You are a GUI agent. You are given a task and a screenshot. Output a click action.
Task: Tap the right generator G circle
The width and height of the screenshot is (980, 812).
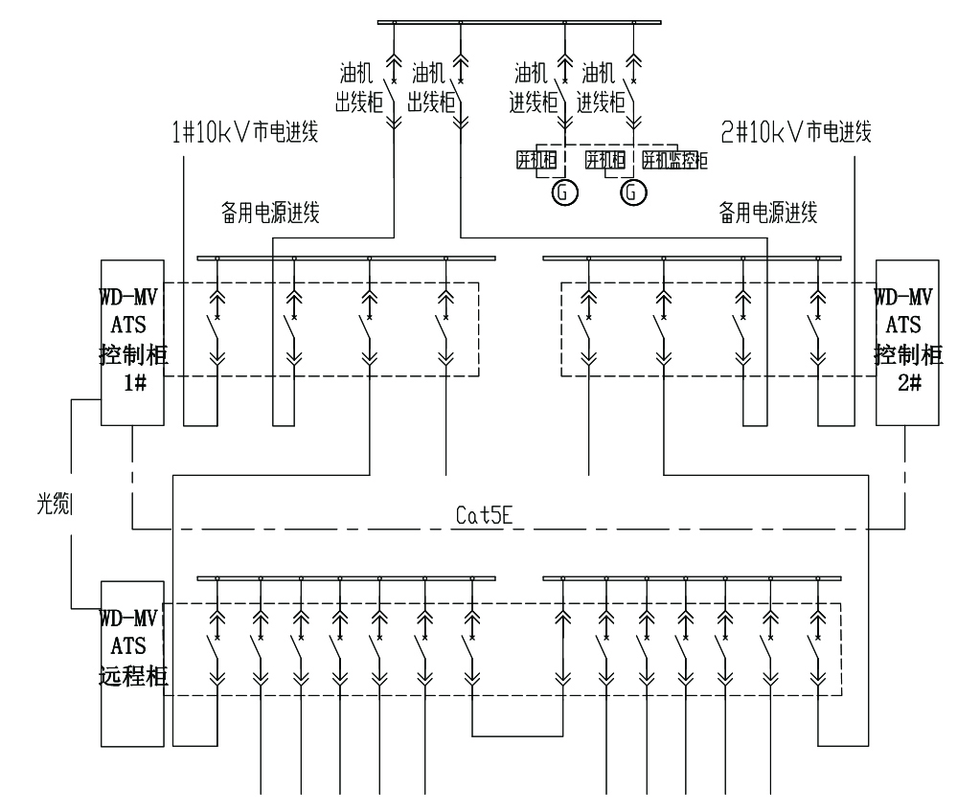(x=631, y=193)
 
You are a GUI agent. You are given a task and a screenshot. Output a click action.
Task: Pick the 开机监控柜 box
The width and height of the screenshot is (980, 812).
(x=674, y=160)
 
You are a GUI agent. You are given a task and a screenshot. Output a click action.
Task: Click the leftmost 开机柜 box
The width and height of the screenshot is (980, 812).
(x=536, y=160)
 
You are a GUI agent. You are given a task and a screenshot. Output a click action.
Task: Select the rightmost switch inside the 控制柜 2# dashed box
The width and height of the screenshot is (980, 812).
(x=817, y=330)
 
